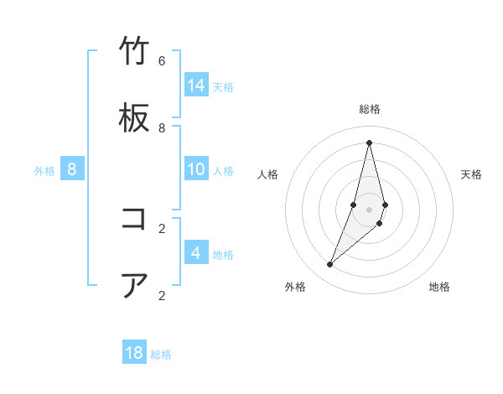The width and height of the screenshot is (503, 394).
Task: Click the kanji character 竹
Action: pyautogui.click(x=134, y=52)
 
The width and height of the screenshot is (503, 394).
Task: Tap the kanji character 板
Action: pyautogui.click(x=134, y=119)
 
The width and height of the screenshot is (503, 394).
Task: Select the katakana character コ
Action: pyautogui.click(x=134, y=220)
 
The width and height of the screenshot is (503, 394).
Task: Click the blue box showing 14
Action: pyautogui.click(x=196, y=86)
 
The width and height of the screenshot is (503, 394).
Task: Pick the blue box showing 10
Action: pyautogui.click(x=196, y=169)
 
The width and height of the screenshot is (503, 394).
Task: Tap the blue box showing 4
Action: pyautogui.click(x=196, y=253)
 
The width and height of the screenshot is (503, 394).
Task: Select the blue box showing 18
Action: pyautogui.click(x=134, y=353)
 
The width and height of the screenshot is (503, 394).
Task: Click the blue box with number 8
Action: pyautogui.click(x=72, y=169)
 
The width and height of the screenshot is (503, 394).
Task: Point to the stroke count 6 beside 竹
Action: pyautogui.click(x=162, y=61)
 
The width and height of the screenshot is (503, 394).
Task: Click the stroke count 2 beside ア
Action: pyautogui.click(x=162, y=295)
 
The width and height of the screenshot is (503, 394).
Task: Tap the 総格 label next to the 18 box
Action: pyautogui.click(x=161, y=355)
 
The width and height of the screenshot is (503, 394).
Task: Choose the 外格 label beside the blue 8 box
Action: pyautogui.click(x=44, y=171)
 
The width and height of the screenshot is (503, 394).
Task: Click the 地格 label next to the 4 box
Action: pyautogui.click(x=223, y=255)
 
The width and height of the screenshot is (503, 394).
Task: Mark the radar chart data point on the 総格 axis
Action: pyautogui.click(x=369, y=143)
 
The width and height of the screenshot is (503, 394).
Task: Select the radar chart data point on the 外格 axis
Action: pyautogui.click(x=330, y=265)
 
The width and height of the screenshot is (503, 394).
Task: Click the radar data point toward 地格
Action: pyautogui.click(x=380, y=223)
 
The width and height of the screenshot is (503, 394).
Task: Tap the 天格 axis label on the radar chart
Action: pyautogui.click(x=471, y=174)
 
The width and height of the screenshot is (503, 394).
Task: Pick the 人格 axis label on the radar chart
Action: pyautogui.click(x=268, y=174)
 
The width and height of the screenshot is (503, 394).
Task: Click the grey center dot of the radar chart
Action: pyautogui.click(x=369, y=210)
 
